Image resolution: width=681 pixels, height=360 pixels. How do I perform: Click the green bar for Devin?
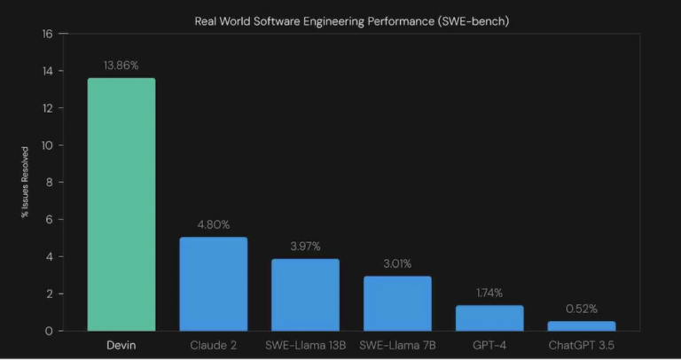click(121, 204)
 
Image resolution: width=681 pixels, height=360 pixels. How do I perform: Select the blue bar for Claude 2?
click(213, 284)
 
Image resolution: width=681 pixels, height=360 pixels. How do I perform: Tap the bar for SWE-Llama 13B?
click(305, 294)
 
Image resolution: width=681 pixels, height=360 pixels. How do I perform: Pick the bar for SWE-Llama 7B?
click(397, 303)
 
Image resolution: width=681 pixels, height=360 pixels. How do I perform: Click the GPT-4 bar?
click(489, 317)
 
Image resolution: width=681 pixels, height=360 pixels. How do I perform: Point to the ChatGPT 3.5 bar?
click(582, 325)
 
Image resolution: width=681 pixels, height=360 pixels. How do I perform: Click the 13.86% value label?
click(121, 65)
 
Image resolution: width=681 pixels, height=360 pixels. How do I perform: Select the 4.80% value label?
click(213, 223)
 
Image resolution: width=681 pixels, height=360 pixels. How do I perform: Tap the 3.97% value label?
click(305, 245)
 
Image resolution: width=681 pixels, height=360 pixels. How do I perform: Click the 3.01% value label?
click(397, 262)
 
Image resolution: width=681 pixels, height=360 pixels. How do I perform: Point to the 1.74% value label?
click(489, 292)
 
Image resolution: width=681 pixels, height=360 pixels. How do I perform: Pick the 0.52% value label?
click(582, 308)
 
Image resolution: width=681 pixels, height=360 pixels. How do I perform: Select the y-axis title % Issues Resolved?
click(25, 183)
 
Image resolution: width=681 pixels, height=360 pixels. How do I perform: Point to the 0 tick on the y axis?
click(50, 331)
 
